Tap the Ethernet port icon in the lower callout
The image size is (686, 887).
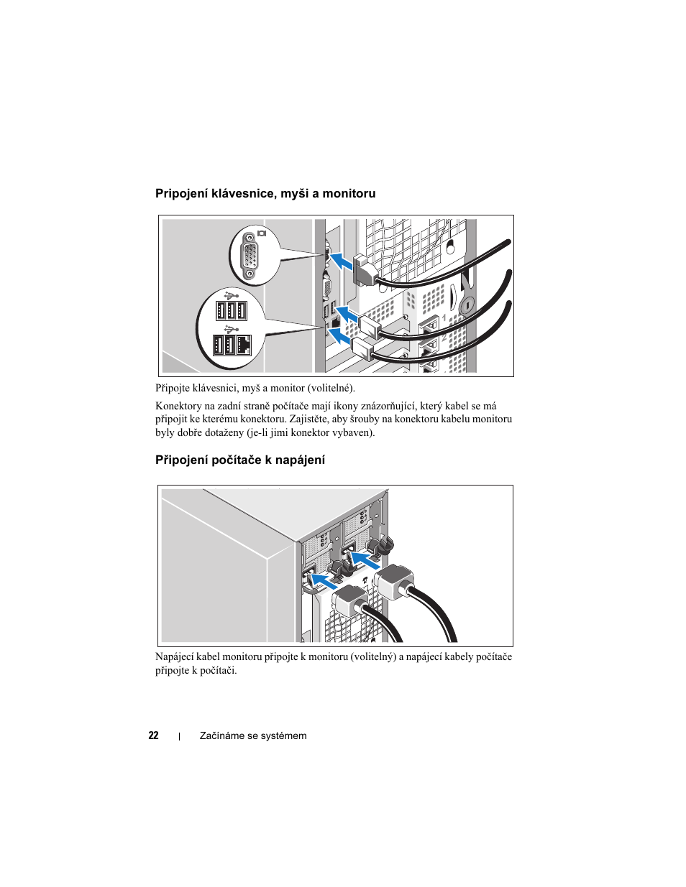[243, 345]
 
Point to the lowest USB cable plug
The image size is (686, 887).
[364, 350]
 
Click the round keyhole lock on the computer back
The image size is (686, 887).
[466, 305]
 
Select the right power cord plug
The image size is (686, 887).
[393, 580]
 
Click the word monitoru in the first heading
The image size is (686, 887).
[349, 193]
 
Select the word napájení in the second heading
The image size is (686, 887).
[302, 460]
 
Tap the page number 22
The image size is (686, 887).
[153, 735]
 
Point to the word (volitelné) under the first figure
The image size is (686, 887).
[331, 388]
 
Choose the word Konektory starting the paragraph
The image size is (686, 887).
[178, 406]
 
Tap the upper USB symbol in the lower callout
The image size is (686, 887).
[231, 294]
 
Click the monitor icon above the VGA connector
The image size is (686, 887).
[261, 233]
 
